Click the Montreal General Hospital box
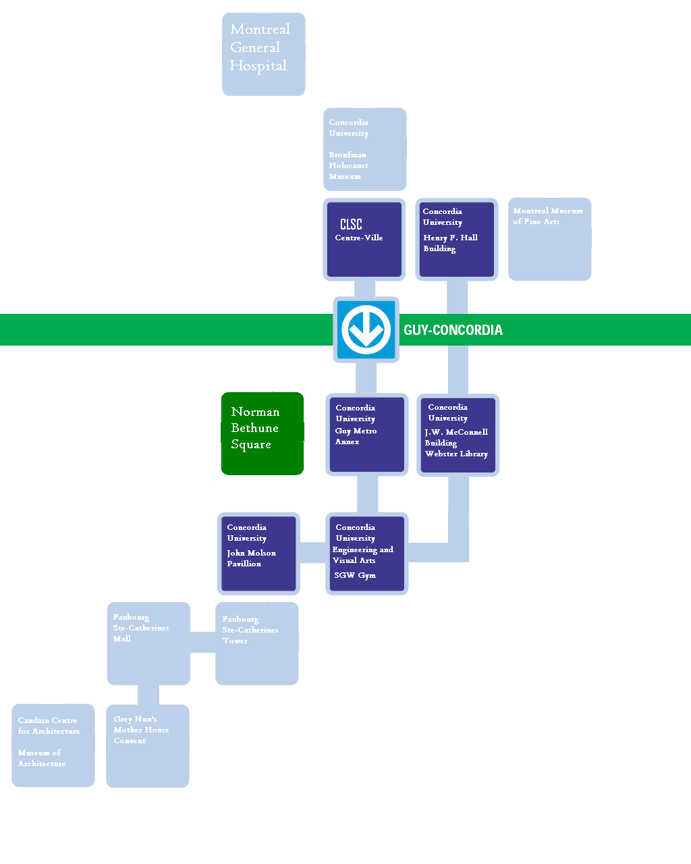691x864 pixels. tap(263, 54)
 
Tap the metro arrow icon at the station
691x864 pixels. tap(366, 330)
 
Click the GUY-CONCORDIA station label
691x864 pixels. tap(453, 330)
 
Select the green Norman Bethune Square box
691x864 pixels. tap(262, 433)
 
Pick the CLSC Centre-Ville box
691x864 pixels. tap(364, 239)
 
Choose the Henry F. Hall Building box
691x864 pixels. tap(457, 239)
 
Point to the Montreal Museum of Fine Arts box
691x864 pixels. tap(549, 239)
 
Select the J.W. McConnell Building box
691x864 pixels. tap(458, 435)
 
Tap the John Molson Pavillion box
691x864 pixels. tap(258, 553)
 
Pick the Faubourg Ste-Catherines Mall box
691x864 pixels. tap(148, 643)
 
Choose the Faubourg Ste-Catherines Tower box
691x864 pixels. tap(256, 643)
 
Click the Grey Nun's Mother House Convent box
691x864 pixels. tap(147, 745)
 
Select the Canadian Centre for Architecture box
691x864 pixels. tap(53, 745)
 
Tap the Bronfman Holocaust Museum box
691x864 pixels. tap(364, 149)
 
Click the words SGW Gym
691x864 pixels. tap(355, 575)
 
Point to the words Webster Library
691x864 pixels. tap(456, 454)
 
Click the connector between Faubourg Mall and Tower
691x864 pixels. tap(202, 643)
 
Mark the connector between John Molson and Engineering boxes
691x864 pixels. tap(312, 552)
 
